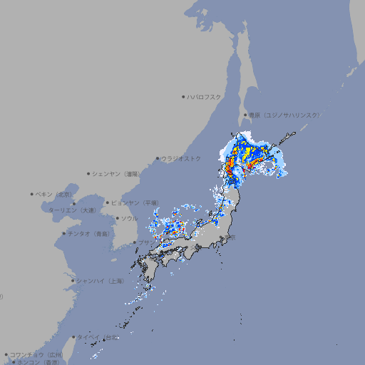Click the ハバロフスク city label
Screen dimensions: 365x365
tap(205, 96)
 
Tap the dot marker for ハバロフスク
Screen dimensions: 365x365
tap(183, 96)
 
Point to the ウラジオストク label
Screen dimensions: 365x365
tap(181, 158)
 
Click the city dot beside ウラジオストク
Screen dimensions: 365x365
tap(158, 158)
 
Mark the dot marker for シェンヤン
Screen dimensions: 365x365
tap(89, 173)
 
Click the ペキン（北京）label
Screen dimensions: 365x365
tap(54, 194)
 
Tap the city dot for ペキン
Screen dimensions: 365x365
tap(32, 194)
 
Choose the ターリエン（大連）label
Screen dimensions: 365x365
tap(72, 211)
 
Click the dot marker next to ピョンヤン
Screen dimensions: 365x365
tap(108, 202)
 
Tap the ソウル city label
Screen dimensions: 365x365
tap(129, 218)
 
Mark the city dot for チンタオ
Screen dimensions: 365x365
tap(63, 233)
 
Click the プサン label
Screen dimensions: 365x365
tap(146, 243)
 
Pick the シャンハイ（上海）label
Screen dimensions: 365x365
tap(100, 281)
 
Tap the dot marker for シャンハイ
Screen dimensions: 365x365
tap(73, 281)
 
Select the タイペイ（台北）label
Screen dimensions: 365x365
tap(98, 337)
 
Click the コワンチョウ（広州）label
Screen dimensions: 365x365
tap(36, 354)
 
